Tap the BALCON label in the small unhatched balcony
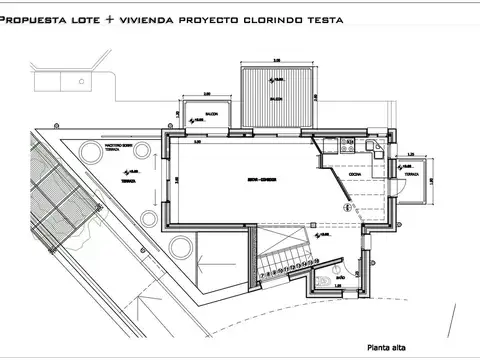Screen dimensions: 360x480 click(x=211, y=114)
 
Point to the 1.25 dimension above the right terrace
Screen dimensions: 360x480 click(x=411, y=153)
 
